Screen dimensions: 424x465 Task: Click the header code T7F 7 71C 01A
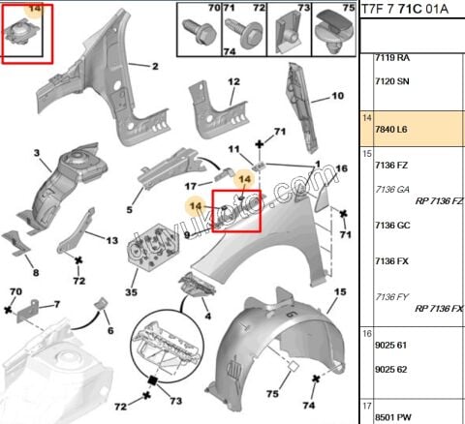405,10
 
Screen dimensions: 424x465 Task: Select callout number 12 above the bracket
232,82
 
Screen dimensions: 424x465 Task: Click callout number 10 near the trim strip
338,96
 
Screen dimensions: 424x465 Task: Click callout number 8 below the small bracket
35,272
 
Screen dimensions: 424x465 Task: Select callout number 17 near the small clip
191,186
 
